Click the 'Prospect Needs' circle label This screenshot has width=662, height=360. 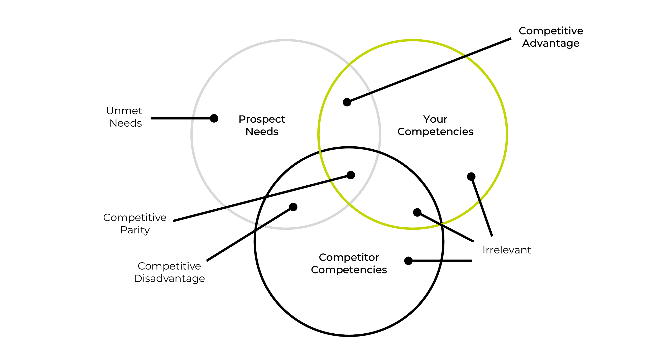click(262, 125)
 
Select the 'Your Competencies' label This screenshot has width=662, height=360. click(435, 125)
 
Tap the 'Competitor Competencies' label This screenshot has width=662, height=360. click(349, 263)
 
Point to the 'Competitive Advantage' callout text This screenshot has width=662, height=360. click(551, 37)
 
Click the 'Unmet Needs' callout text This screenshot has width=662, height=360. click(124, 117)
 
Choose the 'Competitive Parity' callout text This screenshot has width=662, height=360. click(135, 224)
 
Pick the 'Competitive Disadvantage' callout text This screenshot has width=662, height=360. click(169, 272)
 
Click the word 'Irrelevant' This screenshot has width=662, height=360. click(507, 250)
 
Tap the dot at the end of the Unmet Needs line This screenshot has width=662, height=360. click(214, 118)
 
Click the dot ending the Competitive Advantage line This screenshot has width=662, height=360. click(347, 102)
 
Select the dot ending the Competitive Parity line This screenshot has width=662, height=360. click(351, 175)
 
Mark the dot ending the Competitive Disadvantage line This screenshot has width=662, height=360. click(293, 207)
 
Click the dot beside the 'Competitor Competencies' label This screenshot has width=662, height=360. click(408, 261)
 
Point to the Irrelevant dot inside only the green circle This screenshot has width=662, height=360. click(471, 176)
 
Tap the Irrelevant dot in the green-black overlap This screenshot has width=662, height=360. click(417, 212)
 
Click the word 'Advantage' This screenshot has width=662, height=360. click(551, 43)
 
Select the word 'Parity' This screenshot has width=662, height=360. click(135, 230)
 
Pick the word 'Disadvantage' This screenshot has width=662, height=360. click(169, 279)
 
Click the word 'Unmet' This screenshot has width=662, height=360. click(124, 111)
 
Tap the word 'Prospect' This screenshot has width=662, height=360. click(262, 119)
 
